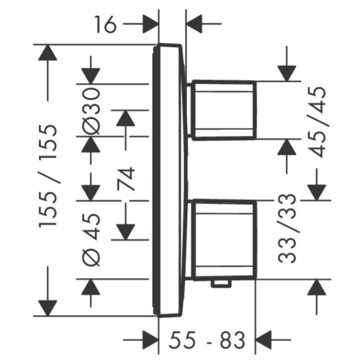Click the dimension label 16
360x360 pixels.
coord(105,24)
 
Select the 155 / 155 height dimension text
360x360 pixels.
coord(48,176)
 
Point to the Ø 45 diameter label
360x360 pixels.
coord(91,240)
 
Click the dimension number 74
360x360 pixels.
coord(126,179)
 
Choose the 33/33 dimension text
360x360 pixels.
coord(287,228)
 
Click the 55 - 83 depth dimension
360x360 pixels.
coord(207,340)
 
